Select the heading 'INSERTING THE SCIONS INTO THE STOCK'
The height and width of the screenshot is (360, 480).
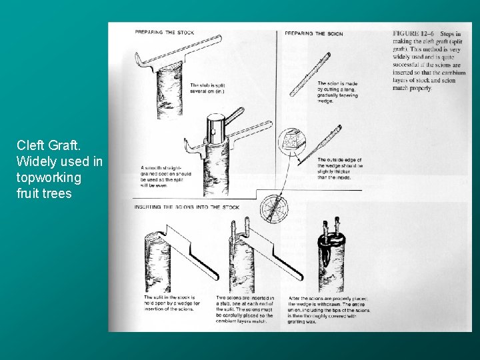187,207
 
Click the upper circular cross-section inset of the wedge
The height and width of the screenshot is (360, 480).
291,141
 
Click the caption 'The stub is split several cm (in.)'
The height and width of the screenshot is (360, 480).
207,88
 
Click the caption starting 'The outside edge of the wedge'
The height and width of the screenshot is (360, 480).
340,168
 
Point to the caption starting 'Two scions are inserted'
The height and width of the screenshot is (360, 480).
243,309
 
